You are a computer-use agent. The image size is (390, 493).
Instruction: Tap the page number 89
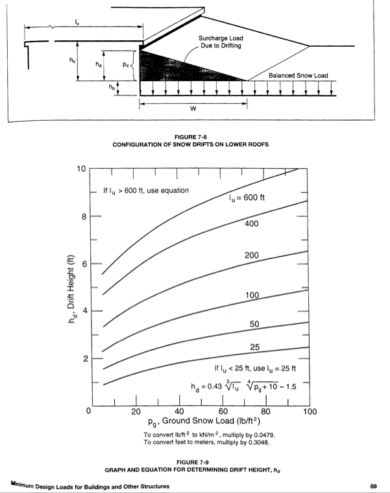coord(372,485)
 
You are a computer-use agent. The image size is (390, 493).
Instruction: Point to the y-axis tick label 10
coord(81,169)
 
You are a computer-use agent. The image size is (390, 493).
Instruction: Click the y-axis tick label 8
coord(82,216)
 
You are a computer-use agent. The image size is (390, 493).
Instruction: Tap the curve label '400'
coord(252,224)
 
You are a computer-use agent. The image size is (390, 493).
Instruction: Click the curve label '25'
coord(255,348)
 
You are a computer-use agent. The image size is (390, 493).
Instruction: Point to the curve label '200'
coord(252,255)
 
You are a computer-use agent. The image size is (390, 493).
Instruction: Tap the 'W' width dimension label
coord(193,108)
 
